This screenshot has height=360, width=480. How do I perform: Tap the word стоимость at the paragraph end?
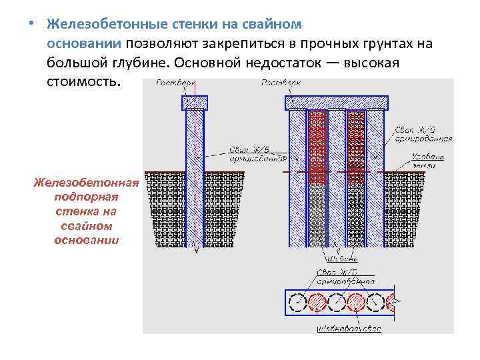click(83, 81)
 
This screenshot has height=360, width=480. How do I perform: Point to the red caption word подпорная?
click(86, 197)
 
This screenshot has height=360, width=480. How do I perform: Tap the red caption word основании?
click(86, 239)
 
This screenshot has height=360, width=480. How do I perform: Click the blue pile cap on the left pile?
click(195, 103)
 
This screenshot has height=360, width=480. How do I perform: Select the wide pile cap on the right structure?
click(335, 103)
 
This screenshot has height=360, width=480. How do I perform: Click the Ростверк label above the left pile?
click(175, 84)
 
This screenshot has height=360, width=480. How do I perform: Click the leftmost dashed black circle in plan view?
click(295, 304)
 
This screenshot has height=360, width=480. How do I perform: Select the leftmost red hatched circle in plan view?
click(317, 304)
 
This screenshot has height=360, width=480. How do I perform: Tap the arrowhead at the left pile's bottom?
click(195, 251)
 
